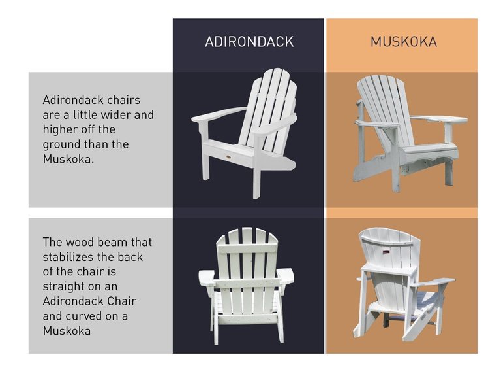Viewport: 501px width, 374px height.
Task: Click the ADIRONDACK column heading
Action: pos(249,42)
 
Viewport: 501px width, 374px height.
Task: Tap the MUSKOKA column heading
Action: pos(404,42)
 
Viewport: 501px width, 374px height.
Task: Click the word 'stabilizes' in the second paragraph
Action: pos(69,257)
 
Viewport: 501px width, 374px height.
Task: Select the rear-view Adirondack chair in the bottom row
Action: pos(246,284)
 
